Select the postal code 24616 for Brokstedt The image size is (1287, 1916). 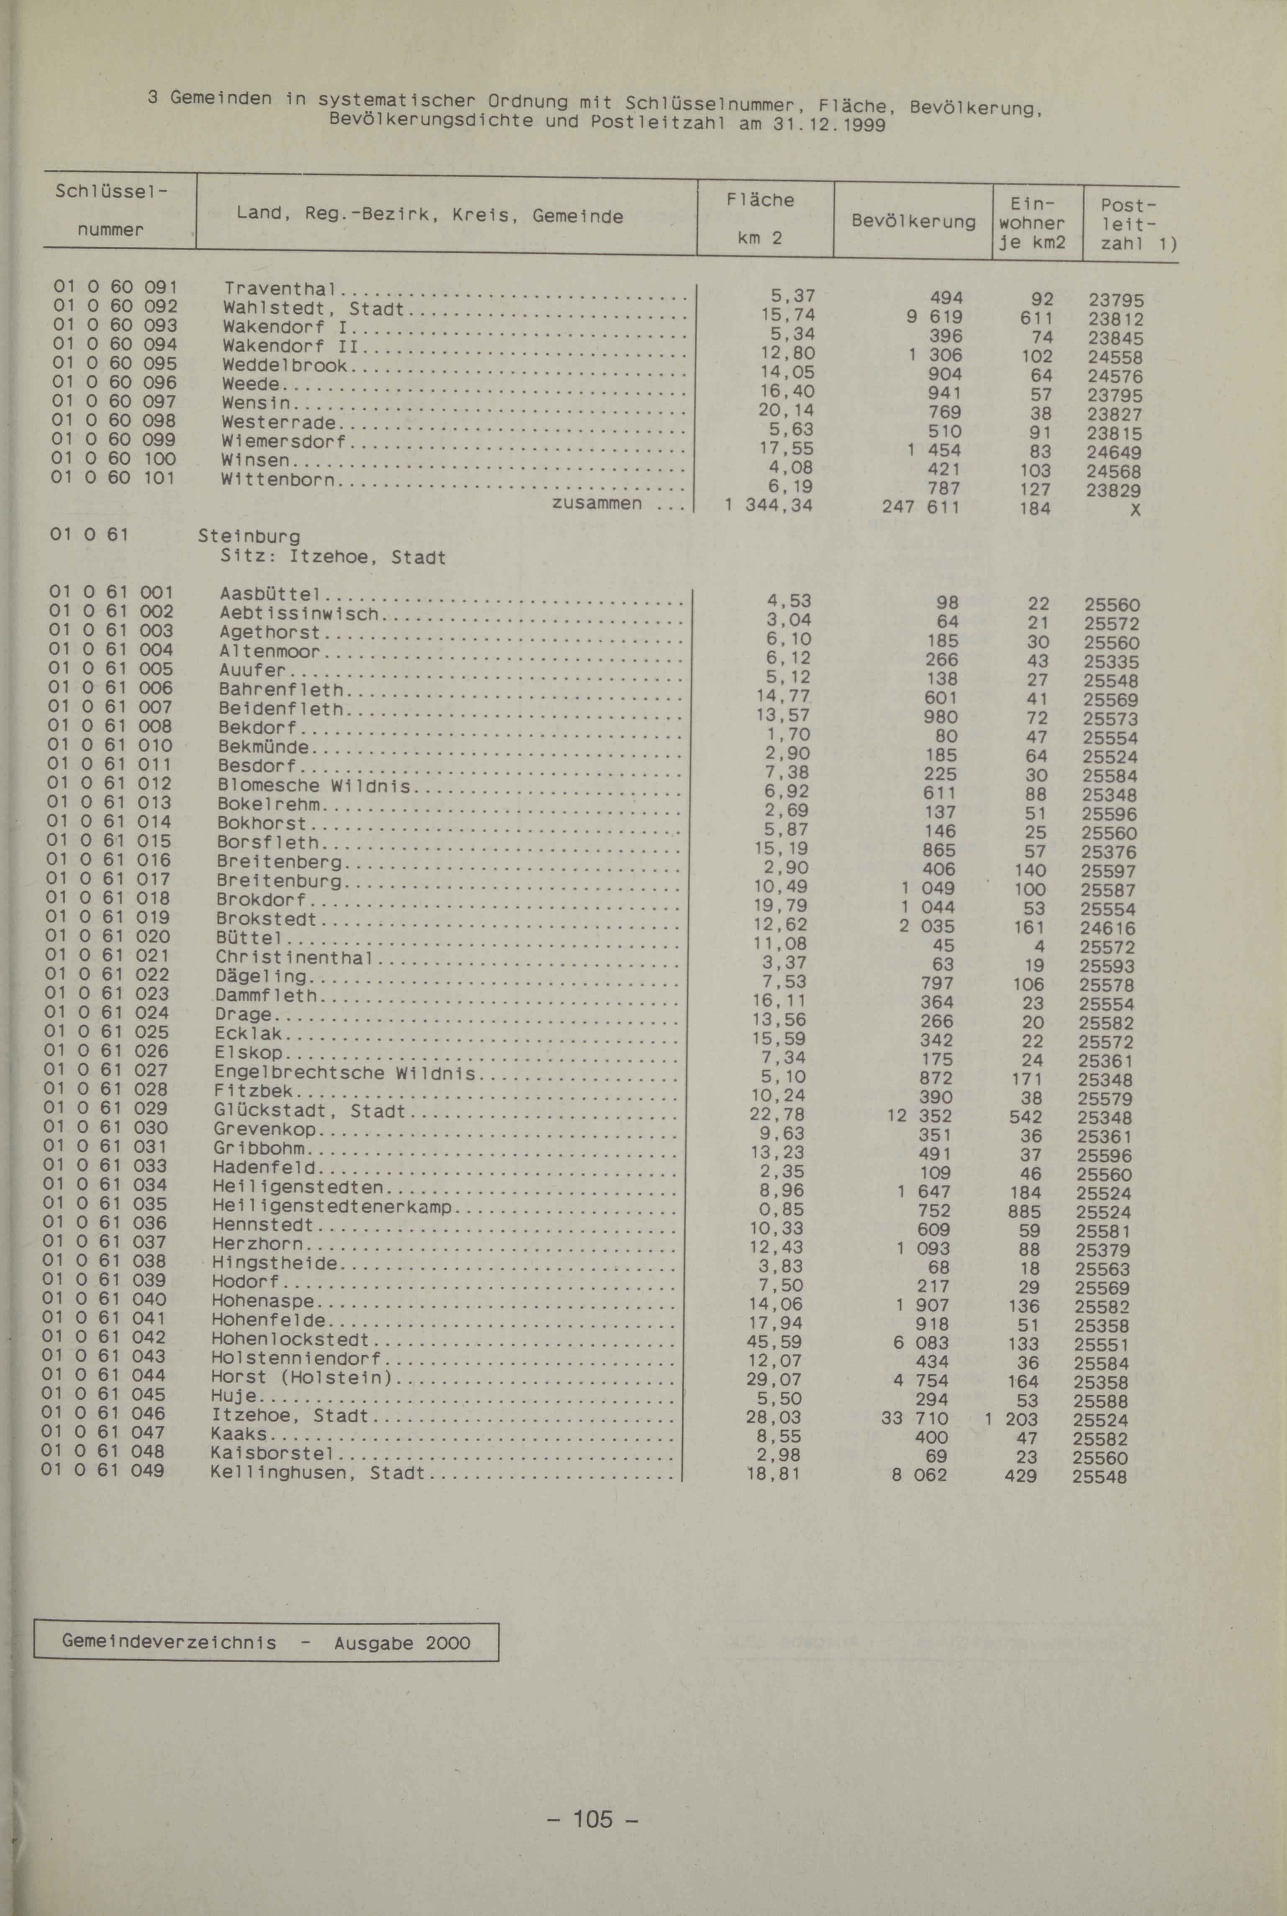(x=1107, y=928)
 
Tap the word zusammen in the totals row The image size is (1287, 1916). (x=597, y=502)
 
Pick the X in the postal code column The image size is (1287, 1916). (x=1135, y=510)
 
